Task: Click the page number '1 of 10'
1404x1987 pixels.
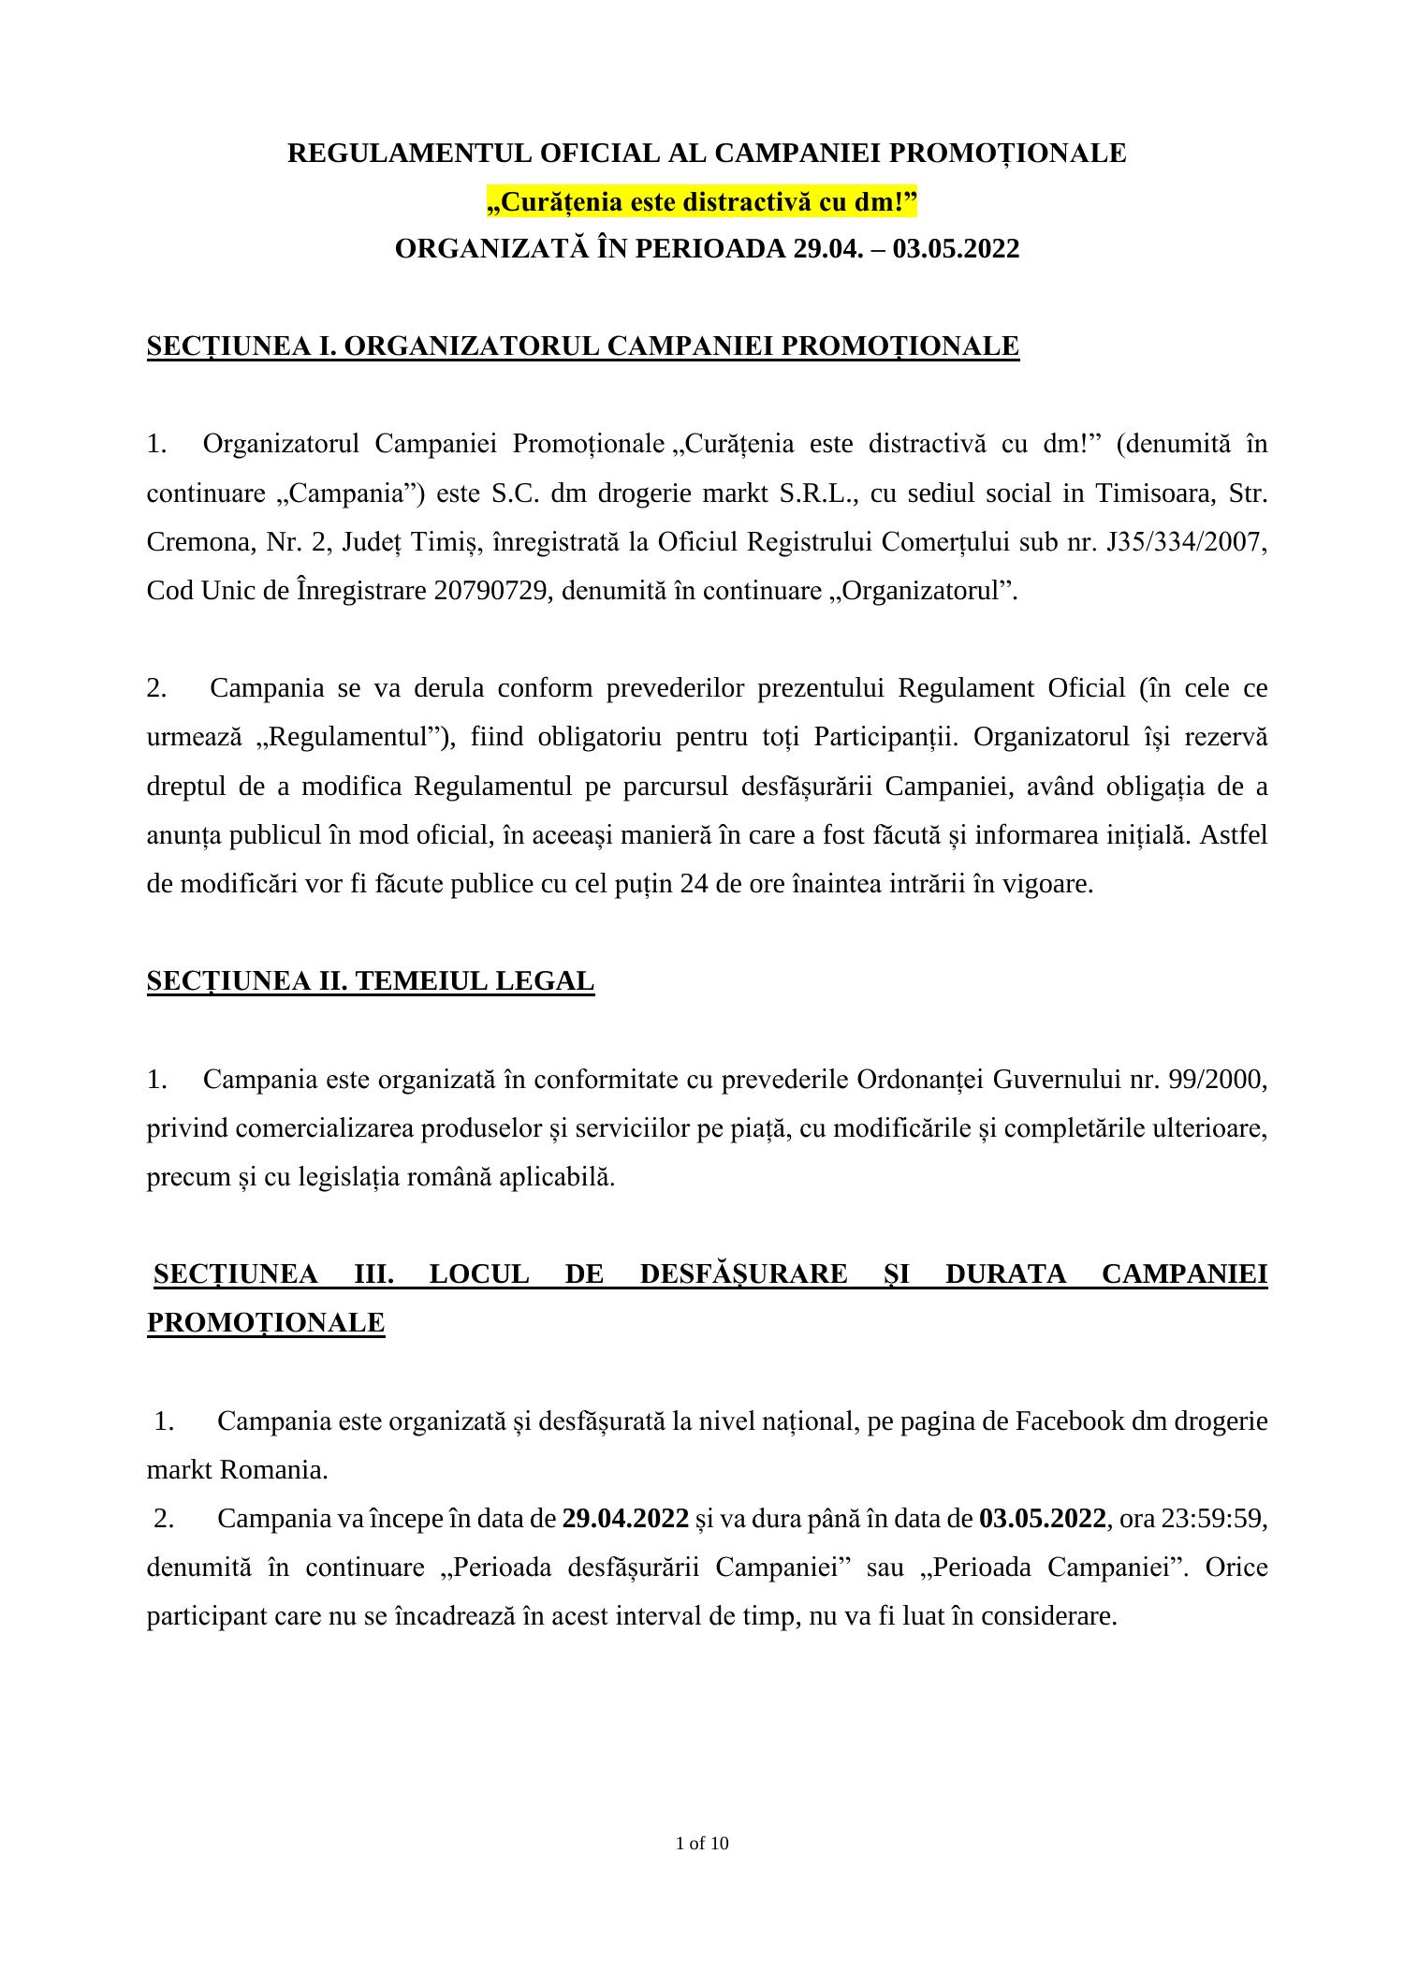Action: pyautogui.click(x=702, y=1844)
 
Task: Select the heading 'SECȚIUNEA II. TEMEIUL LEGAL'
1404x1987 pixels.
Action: pyautogui.click(x=371, y=981)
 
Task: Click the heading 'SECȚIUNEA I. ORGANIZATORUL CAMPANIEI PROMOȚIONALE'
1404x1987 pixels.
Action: pyautogui.click(x=582, y=346)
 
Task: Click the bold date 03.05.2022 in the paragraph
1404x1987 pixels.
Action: pyautogui.click(x=1042, y=1518)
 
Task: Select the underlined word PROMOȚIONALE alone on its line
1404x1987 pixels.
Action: pyautogui.click(x=266, y=1323)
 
